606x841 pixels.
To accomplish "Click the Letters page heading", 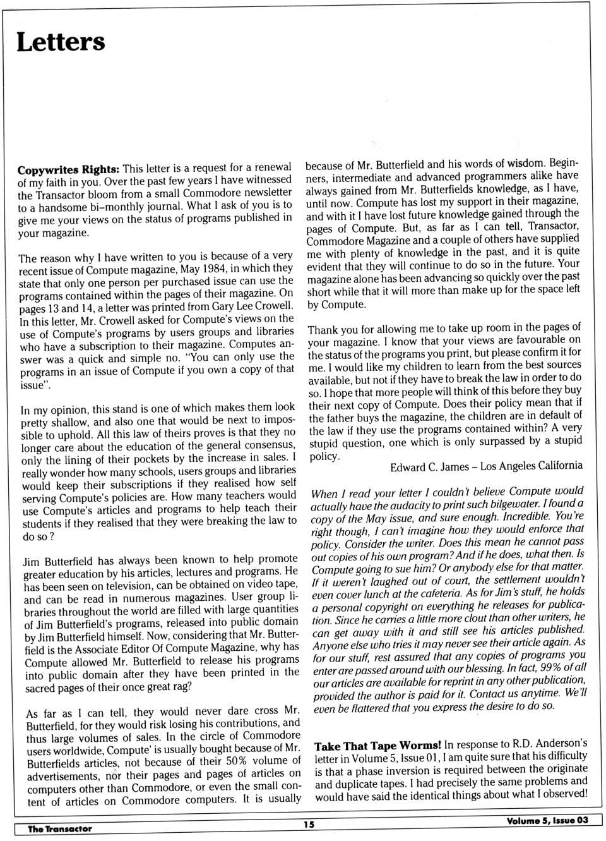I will click(61, 42).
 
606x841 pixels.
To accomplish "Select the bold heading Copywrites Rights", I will click(68, 170).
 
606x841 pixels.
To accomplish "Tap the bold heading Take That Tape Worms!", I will click(377, 746).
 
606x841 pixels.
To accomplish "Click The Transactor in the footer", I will click(60, 828).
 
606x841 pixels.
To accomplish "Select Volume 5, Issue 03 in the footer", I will click(547, 820).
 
